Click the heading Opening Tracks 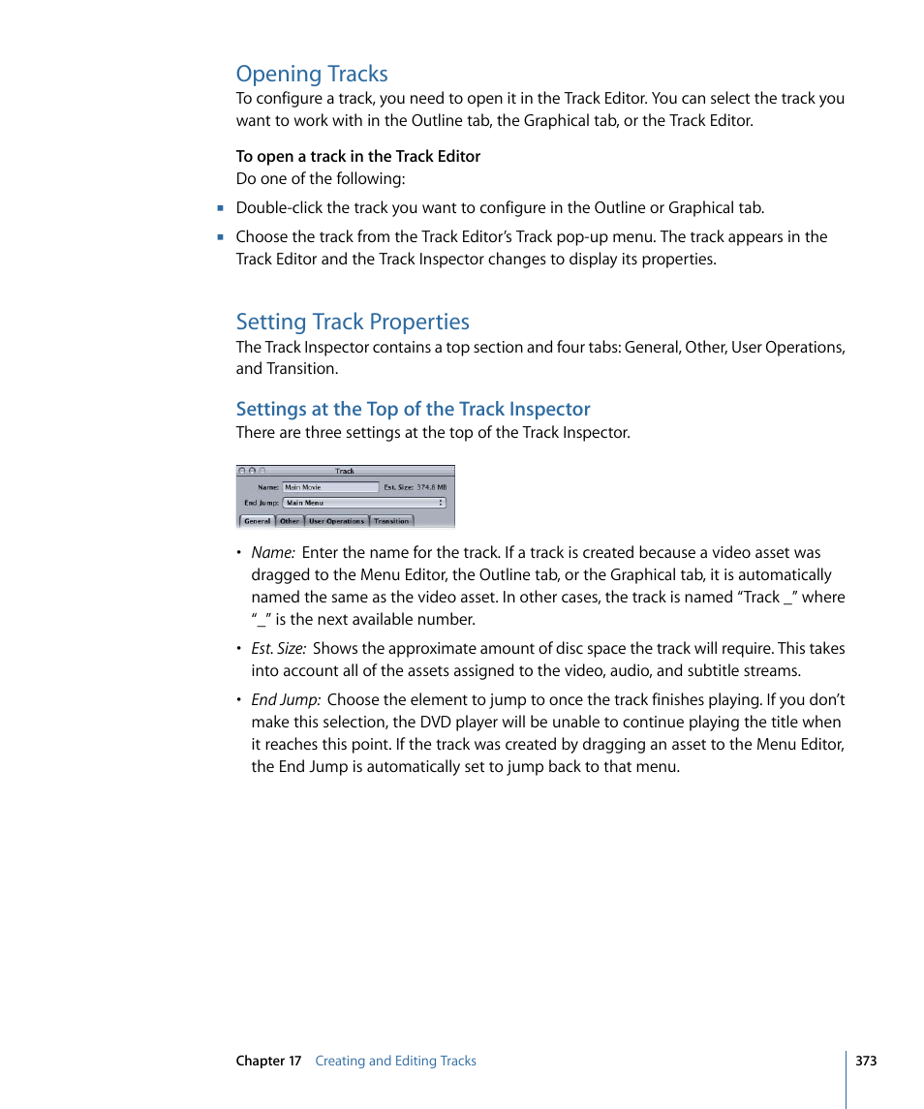point(312,74)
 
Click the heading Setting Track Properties point(353,322)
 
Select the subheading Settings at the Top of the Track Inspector point(413,409)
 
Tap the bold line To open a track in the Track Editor point(357,156)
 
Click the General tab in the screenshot point(257,521)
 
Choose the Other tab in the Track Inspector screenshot point(290,521)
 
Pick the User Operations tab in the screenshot point(336,521)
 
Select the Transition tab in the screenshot point(391,521)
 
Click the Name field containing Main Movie point(330,487)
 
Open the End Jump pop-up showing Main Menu point(364,503)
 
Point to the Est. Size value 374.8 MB point(432,487)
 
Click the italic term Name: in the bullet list point(272,553)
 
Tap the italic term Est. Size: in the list point(279,649)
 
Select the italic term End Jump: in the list point(286,700)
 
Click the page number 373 point(866,1061)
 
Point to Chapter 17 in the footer point(268,1061)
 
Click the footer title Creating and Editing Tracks point(395,1061)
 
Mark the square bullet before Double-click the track point(221,208)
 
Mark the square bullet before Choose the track point(221,237)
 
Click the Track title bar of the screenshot point(345,471)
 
